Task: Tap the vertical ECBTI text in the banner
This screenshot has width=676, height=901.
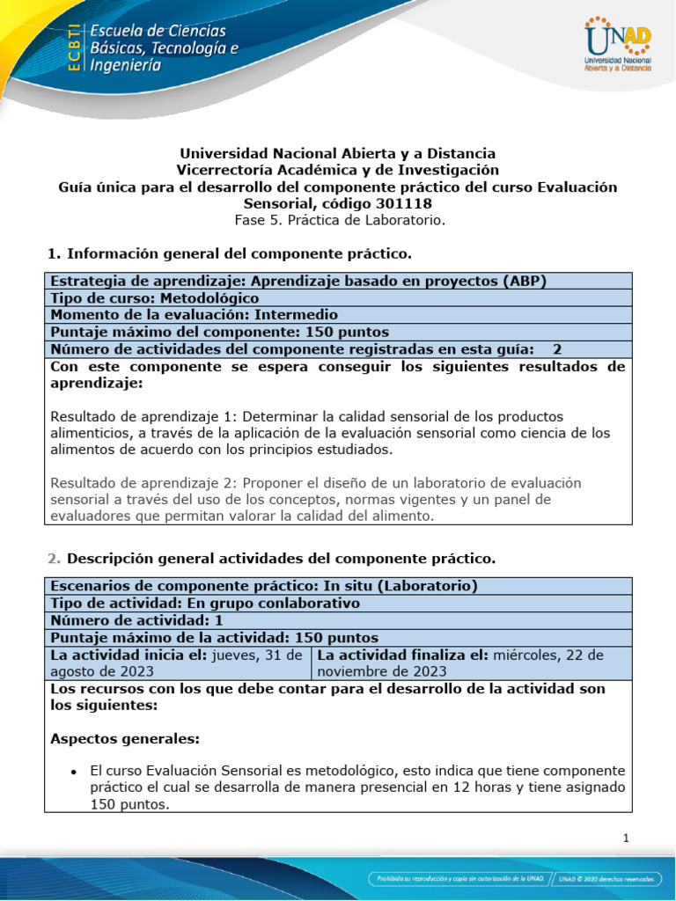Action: point(76,47)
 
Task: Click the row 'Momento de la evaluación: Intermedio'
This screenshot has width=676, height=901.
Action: point(194,315)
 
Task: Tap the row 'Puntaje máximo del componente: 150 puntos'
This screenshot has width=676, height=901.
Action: point(219,332)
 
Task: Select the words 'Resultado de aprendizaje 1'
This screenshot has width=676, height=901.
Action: point(143,416)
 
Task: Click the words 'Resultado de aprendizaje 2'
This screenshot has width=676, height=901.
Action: point(143,483)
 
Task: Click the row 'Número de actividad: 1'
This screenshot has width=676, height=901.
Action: point(136,619)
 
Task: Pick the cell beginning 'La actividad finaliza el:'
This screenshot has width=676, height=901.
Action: point(471,663)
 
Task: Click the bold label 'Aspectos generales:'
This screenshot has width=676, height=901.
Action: point(125,738)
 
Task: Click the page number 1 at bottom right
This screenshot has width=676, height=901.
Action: point(625,839)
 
